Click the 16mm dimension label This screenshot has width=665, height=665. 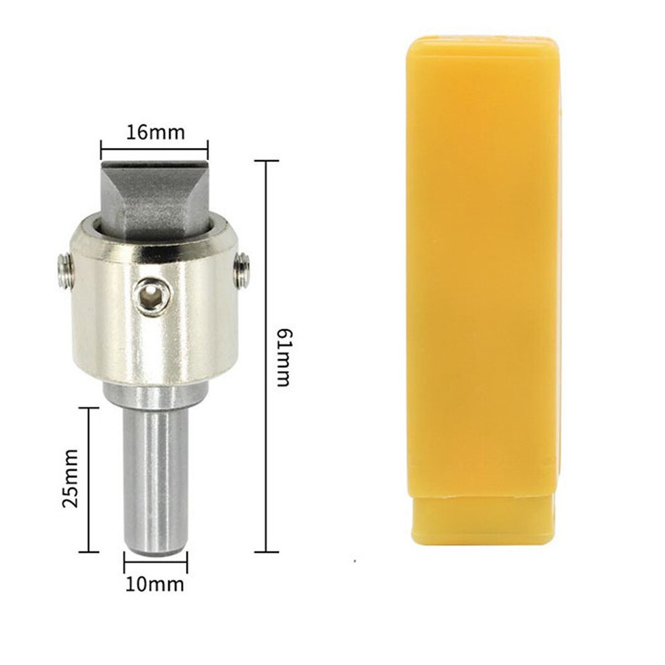[x=155, y=132]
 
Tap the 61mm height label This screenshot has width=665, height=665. [x=282, y=356]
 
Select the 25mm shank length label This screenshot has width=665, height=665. [x=71, y=479]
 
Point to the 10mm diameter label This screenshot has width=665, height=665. [x=155, y=584]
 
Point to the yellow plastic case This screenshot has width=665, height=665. [x=483, y=263]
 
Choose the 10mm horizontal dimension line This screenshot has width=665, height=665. [x=155, y=562]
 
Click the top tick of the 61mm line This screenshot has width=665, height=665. [x=267, y=161]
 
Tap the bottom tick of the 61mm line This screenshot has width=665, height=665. [x=267, y=551]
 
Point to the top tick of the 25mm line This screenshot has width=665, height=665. [x=88, y=408]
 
